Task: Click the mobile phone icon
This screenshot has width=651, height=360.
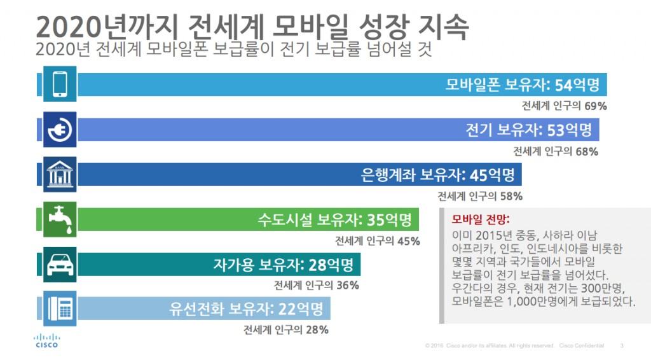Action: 60,84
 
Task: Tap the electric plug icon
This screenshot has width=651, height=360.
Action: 60,129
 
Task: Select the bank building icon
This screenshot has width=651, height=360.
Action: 60,174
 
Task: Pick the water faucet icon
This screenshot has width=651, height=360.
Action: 60,219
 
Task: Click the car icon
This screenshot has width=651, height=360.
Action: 60,264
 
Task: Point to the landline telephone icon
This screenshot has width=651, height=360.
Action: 60,308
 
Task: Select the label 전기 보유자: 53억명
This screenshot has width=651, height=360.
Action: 529,130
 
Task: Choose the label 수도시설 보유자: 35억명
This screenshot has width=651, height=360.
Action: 339,220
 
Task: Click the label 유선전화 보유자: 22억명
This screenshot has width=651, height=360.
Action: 246,309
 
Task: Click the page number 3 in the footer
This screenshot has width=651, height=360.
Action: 621,345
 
